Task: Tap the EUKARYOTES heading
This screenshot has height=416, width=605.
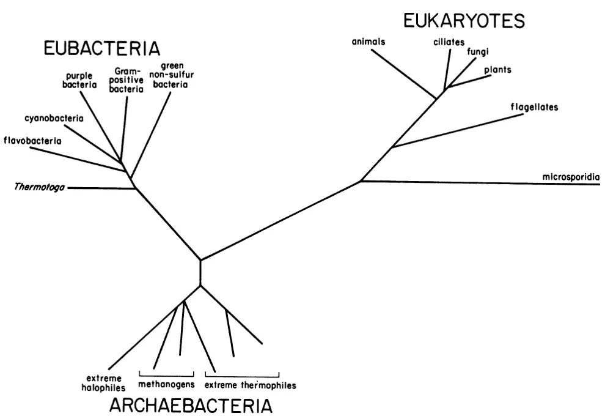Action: [x=464, y=21]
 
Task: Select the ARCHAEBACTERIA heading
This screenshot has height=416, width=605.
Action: [x=191, y=406]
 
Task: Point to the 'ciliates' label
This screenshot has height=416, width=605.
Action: [x=450, y=42]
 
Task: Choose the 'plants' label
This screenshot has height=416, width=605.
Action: [x=497, y=70]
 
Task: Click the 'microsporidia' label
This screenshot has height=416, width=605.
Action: [x=571, y=177]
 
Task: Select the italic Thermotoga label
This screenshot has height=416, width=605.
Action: [x=40, y=188]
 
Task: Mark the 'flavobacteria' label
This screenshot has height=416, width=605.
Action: [x=32, y=141]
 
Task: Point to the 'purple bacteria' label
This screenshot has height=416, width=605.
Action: [x=80, y=80]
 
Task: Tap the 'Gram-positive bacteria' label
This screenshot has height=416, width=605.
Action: [x=127, y=80]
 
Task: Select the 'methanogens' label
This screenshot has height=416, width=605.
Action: [x=166, y=385]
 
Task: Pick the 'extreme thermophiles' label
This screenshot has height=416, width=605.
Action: [x=250, y=385]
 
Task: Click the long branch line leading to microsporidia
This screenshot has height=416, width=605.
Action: [x=489, y=182]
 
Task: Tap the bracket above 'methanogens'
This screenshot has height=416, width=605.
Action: [x=166, y=375]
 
